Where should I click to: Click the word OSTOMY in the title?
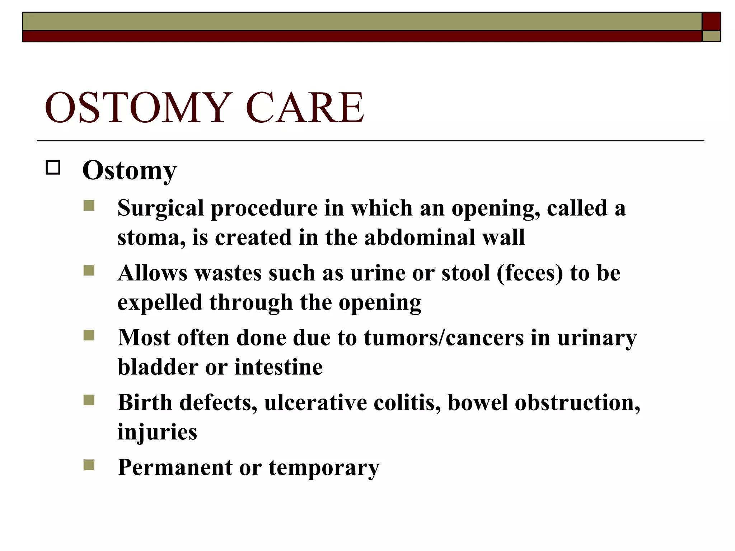click(136, 108)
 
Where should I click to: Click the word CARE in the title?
click(305, 108)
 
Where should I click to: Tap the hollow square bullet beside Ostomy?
click(53, 168)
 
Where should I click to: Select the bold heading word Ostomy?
click(129, 171)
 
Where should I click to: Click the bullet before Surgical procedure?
click(89, 206)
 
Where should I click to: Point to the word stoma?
click(151, 237)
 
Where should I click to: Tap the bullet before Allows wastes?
click(89, 270)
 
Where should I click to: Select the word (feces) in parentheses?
click(530, 273)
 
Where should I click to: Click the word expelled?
click(160, 302)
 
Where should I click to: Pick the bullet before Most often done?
click(89, 335)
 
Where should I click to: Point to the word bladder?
click(158, 367)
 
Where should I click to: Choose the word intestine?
click(278, 367)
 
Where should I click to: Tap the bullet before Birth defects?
click(89, 400)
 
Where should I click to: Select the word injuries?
click(157, 432)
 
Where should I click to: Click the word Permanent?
click(175, 467)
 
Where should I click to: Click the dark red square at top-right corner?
click(711, 22)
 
